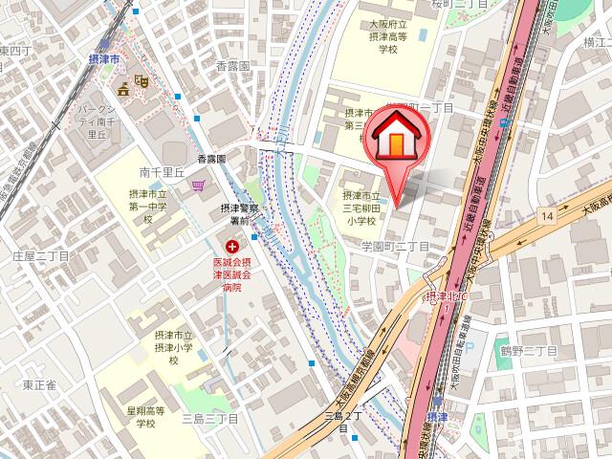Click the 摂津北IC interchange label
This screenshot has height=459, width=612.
[447, 297]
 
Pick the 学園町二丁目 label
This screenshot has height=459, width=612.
[395, 247]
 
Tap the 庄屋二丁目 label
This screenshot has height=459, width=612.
[41, 256]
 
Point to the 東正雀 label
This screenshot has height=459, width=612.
[39, 384]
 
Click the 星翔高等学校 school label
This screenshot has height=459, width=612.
[146, 417]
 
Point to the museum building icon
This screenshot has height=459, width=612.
[123, 90]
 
